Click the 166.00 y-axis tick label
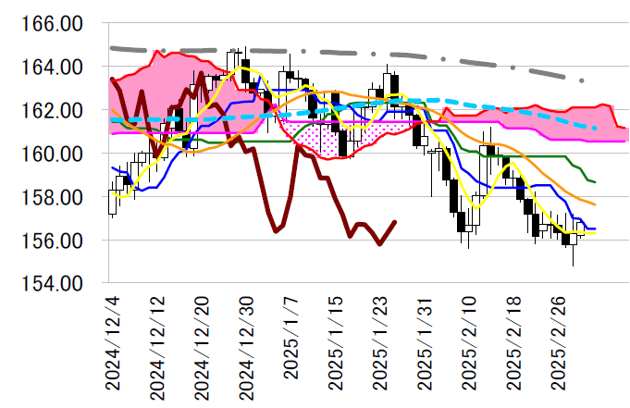(53, 24)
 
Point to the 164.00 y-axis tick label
(53, 68)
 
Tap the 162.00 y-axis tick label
(53, 110)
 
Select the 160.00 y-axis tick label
(53, 154)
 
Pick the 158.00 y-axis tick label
(53, 197)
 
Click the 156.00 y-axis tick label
(53, 240)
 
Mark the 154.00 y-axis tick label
(53, 283)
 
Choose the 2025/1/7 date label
(290, 348)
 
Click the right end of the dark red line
(396, 222)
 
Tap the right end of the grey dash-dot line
(583, 80)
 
